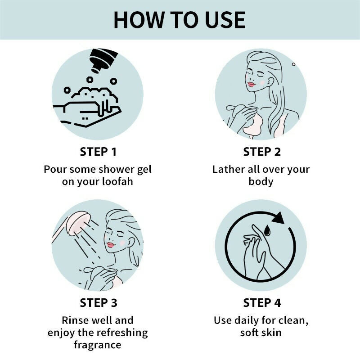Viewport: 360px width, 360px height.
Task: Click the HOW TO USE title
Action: point(180,20)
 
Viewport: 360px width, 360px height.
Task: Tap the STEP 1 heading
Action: point(98,152)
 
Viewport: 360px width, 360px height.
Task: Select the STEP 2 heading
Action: point(262,152)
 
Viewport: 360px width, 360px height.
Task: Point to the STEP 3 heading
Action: point(98,302)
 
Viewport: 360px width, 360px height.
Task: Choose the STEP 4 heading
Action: point(262,302)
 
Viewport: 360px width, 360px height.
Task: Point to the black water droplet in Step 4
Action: point(267,230)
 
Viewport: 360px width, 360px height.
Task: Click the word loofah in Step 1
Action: point(117,181)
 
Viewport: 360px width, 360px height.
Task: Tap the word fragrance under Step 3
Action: point(98,345)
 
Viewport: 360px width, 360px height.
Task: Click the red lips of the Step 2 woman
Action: point(251,84)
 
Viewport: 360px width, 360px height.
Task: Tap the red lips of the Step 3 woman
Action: point(111,245)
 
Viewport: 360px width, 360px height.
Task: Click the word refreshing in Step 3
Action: point(121,333)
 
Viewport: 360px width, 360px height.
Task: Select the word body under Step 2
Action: point(261,182)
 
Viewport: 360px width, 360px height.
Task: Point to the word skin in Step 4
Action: point(271,333)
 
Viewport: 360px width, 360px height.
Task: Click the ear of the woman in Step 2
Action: point(271,82)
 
